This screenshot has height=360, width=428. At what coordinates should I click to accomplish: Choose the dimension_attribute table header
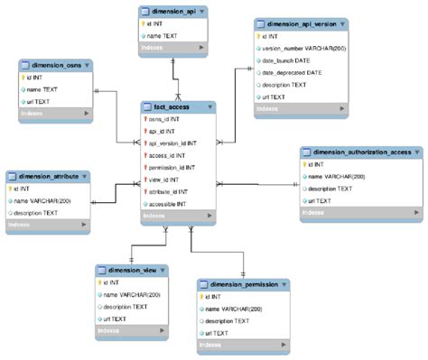click(45, 175)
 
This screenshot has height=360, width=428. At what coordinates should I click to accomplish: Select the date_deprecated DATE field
click(290, 71)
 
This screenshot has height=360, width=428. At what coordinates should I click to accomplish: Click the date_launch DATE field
click(284, 59)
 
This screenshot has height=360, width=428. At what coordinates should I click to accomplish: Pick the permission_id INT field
click(173, 167)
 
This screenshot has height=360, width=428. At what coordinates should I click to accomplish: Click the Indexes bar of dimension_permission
click(244, 345)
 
